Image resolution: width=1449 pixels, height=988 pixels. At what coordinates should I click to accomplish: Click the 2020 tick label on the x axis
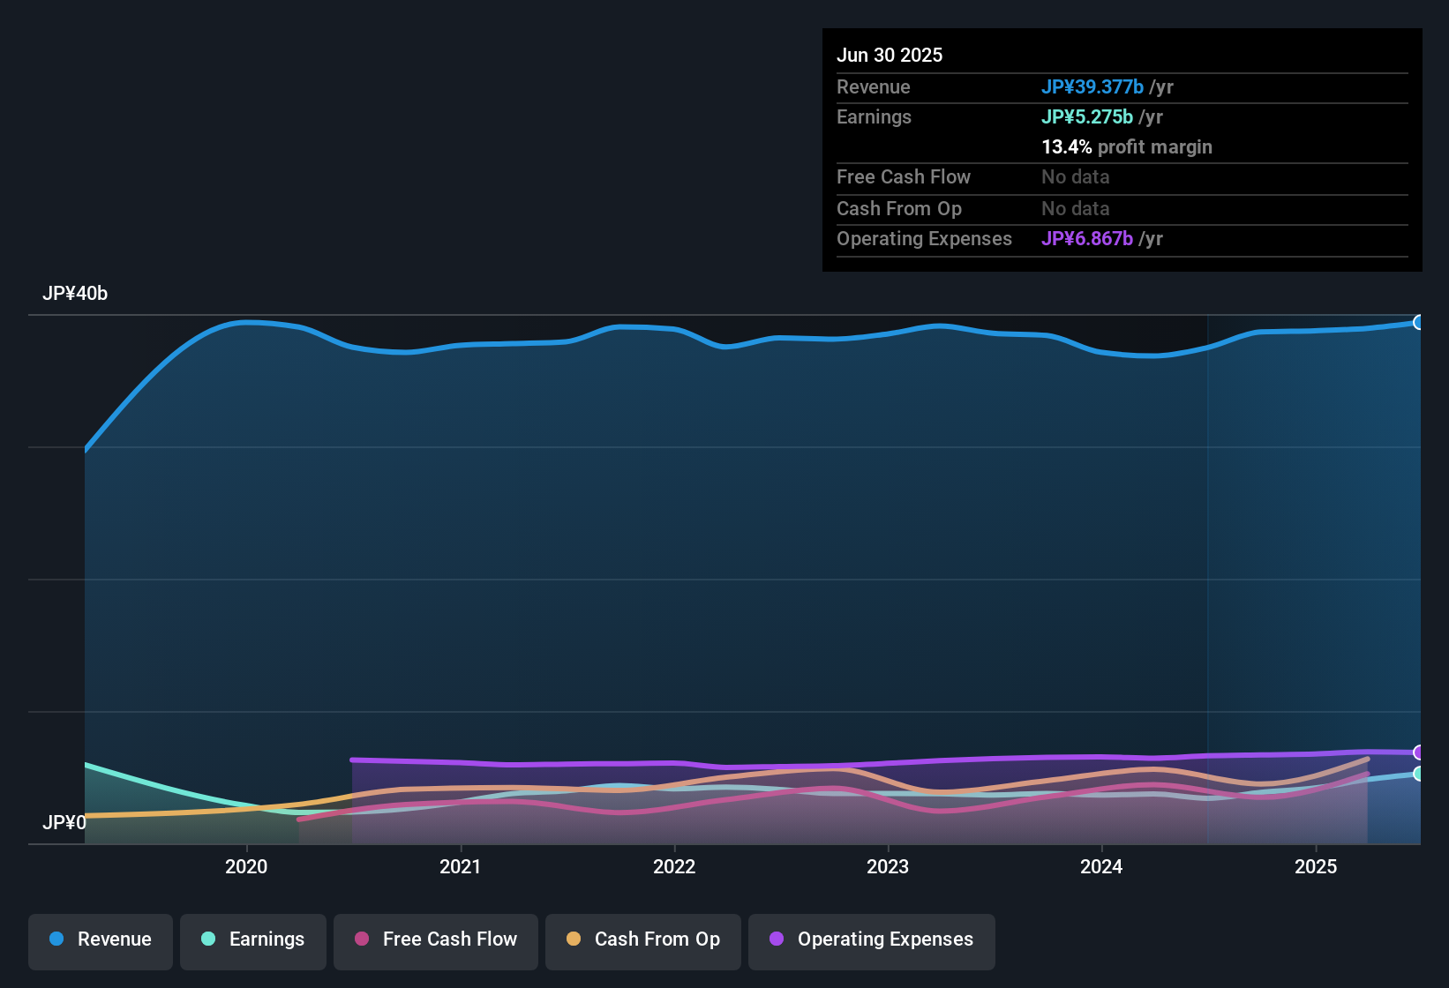click(x=246, y=866)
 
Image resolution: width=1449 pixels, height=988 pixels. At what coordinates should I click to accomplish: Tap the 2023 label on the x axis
click(x=888, y=866)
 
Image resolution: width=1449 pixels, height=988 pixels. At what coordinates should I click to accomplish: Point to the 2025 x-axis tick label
click(x=1316, y=866)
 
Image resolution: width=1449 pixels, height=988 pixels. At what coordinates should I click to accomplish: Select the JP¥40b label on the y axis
click(x=75, y=294)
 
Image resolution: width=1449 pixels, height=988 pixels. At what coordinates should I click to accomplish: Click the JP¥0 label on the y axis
click(x=64, y=822)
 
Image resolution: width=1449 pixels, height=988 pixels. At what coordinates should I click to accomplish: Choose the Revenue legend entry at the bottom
click(x=101, y=939)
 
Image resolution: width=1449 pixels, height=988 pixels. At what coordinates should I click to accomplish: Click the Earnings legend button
click(x=253, y=939)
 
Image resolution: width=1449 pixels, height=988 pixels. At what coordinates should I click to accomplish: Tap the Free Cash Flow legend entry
click(x=436, y=939)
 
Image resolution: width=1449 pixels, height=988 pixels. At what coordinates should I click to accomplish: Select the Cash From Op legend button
click(x=643, y=939)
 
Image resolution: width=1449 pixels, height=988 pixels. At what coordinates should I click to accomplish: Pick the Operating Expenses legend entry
click(x=872, y=939)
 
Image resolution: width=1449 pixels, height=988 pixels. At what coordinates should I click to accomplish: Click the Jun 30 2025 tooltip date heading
click(x=890, y=55)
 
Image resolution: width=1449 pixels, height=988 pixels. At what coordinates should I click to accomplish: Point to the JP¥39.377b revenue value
click(x=1092, y=86)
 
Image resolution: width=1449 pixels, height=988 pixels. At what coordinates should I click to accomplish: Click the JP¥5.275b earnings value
click(x=1087, y=116)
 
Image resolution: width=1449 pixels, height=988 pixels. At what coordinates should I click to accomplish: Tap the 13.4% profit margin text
click(x=1127, y=146)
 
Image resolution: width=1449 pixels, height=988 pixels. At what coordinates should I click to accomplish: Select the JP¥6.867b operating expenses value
click(x=1087, y=238)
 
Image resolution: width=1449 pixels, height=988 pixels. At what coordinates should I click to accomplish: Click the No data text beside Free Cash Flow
click(x=1076, y=176)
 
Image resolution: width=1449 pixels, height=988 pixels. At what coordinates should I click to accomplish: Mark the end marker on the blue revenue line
click(x=1419, y=322)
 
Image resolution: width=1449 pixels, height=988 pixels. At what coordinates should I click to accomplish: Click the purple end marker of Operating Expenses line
click(x=1419, y=752)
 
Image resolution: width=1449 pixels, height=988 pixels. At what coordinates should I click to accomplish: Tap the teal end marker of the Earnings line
click(x=1419, y=774)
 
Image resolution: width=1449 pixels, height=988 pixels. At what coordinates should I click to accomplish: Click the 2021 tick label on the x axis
click(x=461, y=866)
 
